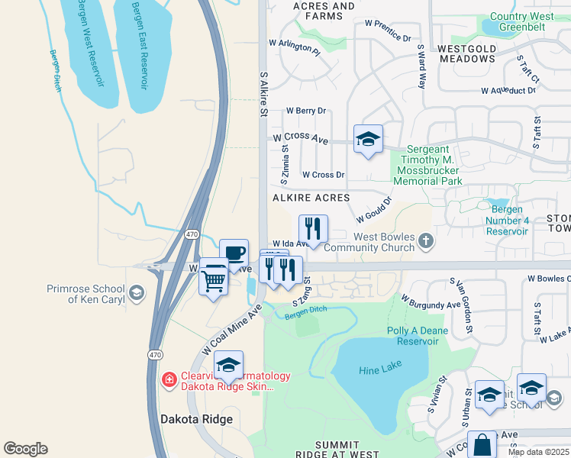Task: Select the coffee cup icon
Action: [x=234, y=253]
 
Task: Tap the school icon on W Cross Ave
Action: [x=368, y=140]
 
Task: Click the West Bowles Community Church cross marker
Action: [x=426, y=242]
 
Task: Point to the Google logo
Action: [x=25, y=449]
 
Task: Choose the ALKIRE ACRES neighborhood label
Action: [x=311, y=198]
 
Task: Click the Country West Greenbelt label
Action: [x=523, y=21]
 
